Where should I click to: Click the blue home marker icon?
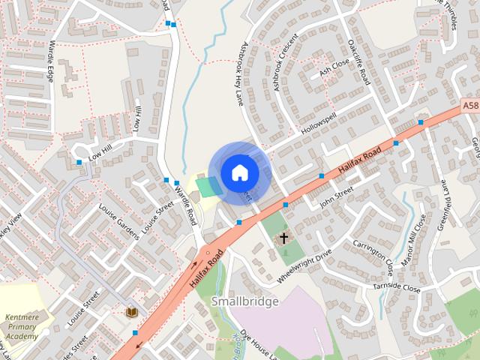238,172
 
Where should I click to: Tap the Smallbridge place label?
244,301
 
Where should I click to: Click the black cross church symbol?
283,239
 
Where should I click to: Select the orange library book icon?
133,311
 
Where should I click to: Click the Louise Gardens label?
118,222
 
